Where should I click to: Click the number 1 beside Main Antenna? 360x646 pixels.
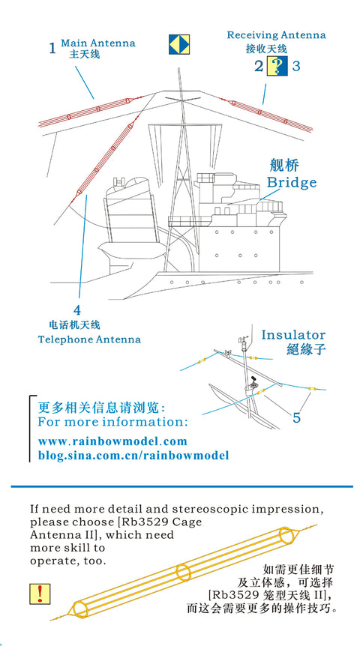point(52,49)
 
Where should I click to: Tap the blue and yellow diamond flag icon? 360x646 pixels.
point(179,44)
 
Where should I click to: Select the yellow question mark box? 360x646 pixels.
point(277,66)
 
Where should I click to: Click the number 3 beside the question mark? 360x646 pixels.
point(296,65)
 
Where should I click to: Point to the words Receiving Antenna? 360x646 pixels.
point(276,35)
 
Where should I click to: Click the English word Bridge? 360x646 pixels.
point(292,182)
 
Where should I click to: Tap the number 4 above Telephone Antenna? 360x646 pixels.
point(77,310)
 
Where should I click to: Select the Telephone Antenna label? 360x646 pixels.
point(89,339)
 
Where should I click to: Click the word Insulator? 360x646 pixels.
point(293,335)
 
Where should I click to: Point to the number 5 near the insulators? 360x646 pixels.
point(297,417)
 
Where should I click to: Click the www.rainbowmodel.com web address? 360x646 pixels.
point(112,441)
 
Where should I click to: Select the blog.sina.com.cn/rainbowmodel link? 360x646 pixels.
point(133,456)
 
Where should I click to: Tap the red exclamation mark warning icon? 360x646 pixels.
point(40,594)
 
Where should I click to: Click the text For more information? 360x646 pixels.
point(112,422)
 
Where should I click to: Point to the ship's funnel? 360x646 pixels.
point(132,214)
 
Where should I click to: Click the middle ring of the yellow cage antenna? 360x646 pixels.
point(184,573)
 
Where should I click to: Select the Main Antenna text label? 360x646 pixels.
point(98,43)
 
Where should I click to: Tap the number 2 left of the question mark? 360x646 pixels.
point(259,66)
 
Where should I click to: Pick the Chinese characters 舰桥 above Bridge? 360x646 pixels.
point(284,166)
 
